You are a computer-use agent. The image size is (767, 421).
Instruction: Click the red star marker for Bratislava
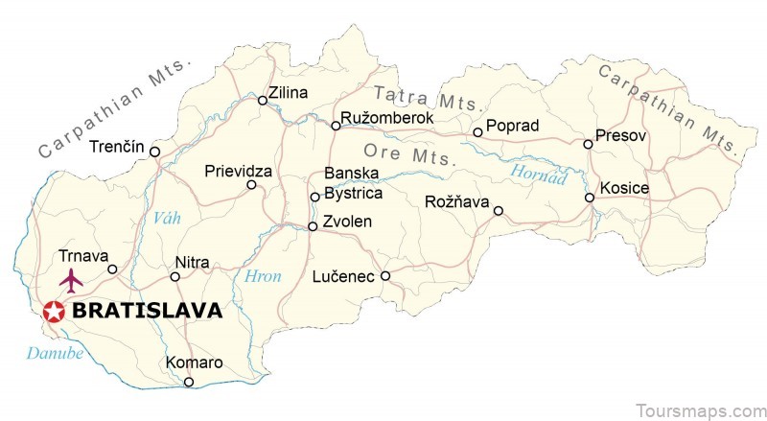pos(54,311)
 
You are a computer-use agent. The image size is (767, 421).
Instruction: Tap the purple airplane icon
pos(72,281)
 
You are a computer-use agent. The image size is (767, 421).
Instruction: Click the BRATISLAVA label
pos(147,311)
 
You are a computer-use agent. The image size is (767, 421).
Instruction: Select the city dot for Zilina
pos(262,100)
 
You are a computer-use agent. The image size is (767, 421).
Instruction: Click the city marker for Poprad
pos(477,132)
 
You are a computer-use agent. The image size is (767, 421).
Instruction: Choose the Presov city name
pos(621,136)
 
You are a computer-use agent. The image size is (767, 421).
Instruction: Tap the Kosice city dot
pos(590,198)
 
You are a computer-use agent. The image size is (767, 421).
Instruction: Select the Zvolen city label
pos(349,222)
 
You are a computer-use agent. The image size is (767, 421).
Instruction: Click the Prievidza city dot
pos(252,185)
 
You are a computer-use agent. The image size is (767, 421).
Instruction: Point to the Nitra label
pos(192,263)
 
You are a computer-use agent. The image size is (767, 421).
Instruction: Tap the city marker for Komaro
pos(189,382)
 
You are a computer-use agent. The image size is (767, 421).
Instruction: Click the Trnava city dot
pos(112,269)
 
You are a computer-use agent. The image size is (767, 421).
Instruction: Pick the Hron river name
pos(264,276)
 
